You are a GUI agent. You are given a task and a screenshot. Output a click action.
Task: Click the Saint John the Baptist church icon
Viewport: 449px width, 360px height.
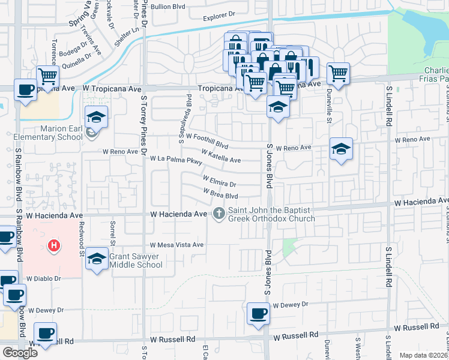point(219,214)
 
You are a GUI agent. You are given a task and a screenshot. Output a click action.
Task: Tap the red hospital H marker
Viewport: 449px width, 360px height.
point(54,245)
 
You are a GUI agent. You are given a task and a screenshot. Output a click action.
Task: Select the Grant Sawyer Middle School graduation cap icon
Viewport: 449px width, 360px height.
point(96,259)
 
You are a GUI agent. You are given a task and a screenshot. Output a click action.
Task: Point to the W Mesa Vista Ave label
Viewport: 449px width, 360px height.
point(177,245)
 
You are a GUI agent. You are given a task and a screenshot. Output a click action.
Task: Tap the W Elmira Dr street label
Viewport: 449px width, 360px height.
point(219,181)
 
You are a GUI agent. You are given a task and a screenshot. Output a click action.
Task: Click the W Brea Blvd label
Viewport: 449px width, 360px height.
point(221,194)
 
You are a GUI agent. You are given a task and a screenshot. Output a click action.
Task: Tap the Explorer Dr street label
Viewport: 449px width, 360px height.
point(217,19)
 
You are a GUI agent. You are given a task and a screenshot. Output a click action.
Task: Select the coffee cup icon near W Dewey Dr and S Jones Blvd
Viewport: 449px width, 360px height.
point(259,313)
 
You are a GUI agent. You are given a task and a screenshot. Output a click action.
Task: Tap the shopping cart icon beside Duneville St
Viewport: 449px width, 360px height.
point(339,74)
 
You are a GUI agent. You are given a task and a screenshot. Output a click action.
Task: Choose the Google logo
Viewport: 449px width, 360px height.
point(20,353)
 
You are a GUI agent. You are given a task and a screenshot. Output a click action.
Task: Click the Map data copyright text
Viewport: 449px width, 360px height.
point(424,355)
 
